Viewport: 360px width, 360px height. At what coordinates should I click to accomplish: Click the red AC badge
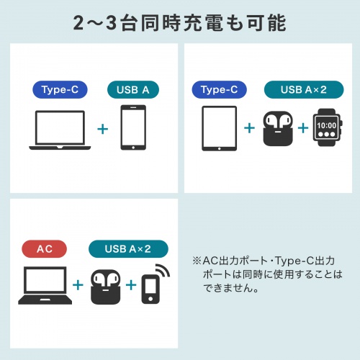coord(45,249)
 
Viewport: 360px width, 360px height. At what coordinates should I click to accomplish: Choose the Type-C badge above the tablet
coord(219,90)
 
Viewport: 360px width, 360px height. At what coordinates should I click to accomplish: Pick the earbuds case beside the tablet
coord(276,129)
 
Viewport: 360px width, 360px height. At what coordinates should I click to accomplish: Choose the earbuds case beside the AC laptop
coord(105,286)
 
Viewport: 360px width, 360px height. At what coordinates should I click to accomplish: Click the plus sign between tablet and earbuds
coord(249,128)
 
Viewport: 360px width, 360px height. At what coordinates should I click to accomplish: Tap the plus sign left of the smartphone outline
coord(102,128)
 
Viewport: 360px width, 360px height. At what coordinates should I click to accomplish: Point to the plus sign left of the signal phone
coord(131,284)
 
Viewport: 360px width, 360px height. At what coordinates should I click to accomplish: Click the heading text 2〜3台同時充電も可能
coord(180,22)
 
